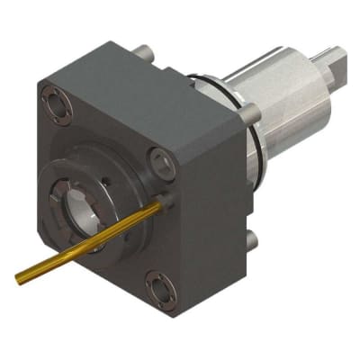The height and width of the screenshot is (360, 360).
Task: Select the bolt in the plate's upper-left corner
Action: (57, 104)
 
